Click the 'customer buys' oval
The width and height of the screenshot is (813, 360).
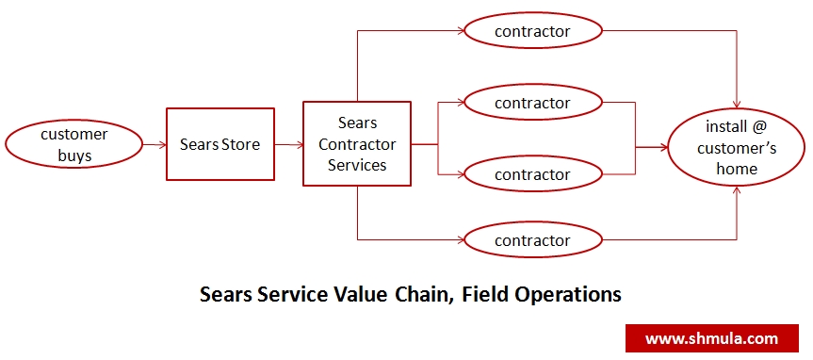[73, 145]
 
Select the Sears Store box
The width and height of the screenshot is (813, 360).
[220, 145]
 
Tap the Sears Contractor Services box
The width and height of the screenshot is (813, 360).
[357, 144]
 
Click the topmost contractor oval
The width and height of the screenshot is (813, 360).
[532, 31]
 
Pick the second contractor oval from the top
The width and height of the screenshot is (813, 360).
[532, 103]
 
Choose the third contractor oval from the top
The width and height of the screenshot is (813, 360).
[532, 174]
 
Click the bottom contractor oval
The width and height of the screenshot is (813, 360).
[532, 240]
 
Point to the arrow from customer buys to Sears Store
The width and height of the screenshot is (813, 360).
[154, 145]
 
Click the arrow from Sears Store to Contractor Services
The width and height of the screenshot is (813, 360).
[288, 145]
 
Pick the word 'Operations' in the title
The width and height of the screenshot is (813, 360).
[568, 295]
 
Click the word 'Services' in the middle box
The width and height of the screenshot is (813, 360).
[357, 165]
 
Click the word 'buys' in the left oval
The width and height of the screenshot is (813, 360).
[73, 155]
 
